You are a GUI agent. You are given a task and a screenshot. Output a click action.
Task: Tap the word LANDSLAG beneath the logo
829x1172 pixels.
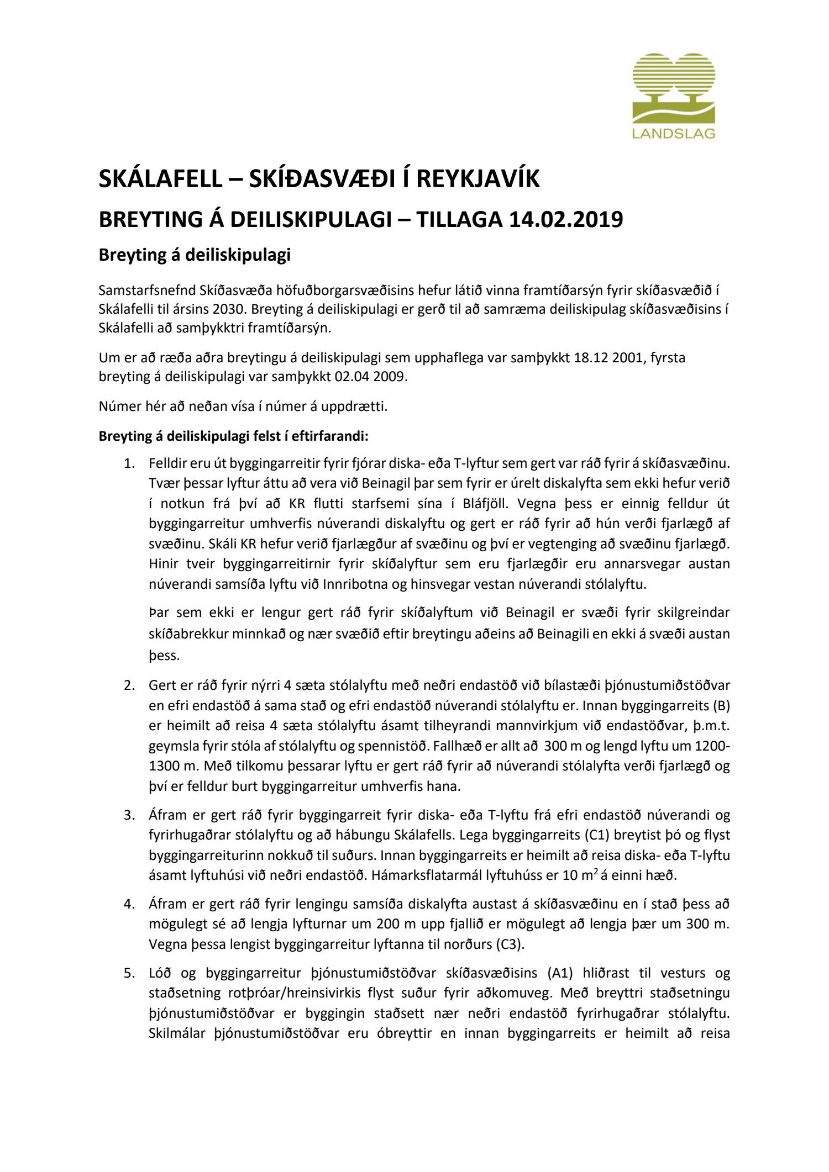point(674,134)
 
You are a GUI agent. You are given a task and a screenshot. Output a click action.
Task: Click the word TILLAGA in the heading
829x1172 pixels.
point(458,220)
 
